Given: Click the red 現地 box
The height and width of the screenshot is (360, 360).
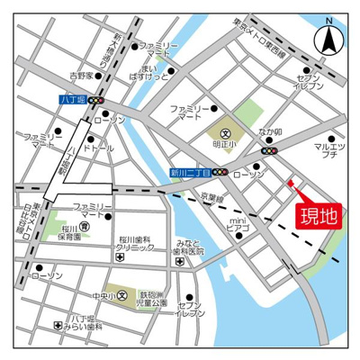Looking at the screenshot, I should pos(320,215).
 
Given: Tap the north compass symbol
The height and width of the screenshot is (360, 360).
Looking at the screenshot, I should pos(328,37).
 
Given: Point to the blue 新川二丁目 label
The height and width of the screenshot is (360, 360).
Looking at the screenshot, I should pos(190,170).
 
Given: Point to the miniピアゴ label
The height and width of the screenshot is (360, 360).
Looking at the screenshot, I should pos(237,224).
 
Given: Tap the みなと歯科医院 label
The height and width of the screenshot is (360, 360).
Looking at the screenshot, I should pos(192,248).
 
